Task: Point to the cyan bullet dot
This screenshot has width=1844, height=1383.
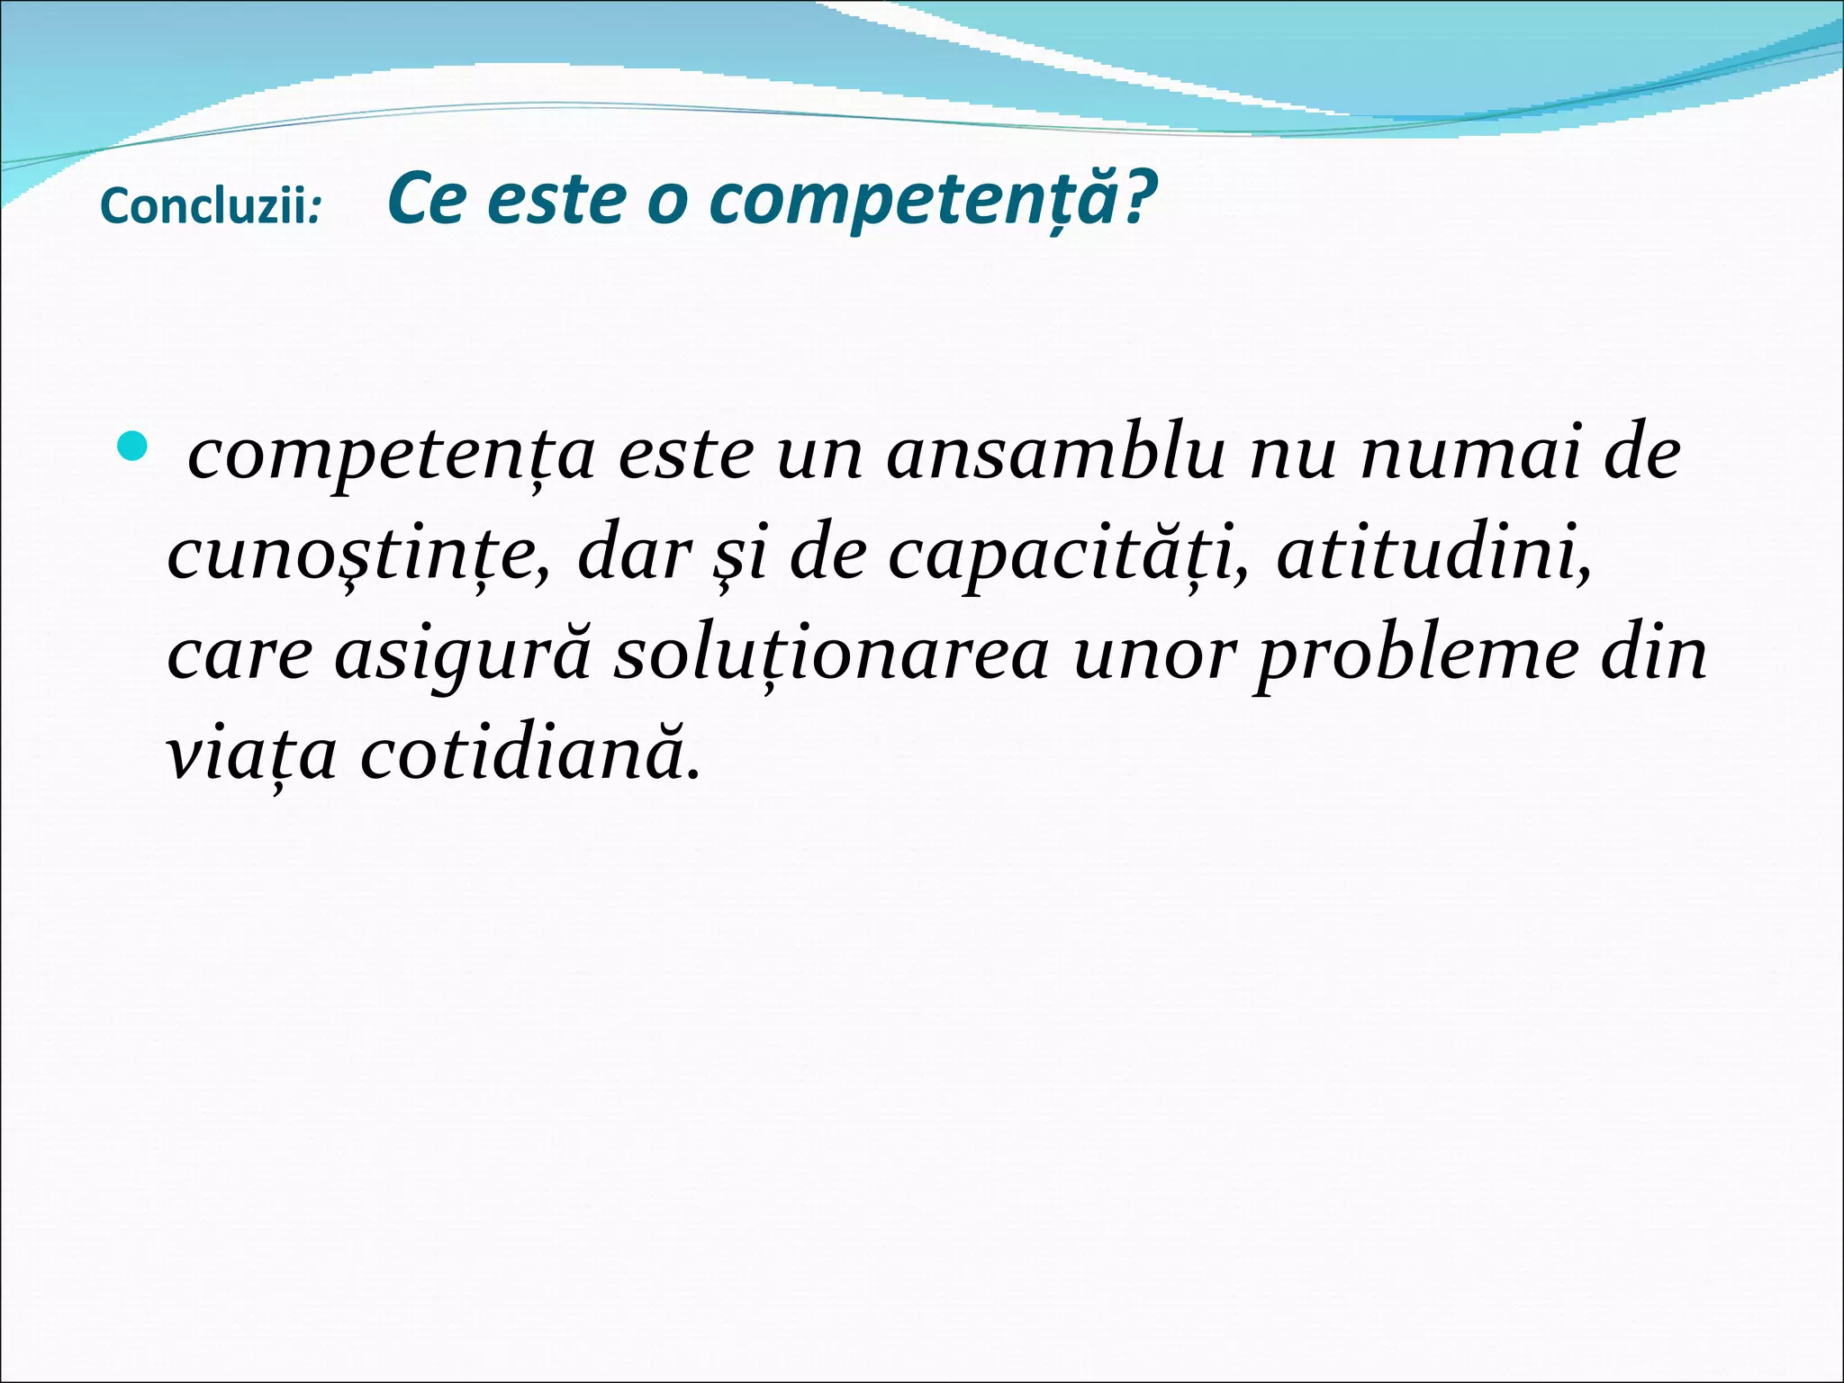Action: pyautogui.click(x=131, y=446)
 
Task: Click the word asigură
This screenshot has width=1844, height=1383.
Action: pyautogui.click(x=463, y=655)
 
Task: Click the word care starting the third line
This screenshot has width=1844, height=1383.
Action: pyautogui.click(x=240, y=655)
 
